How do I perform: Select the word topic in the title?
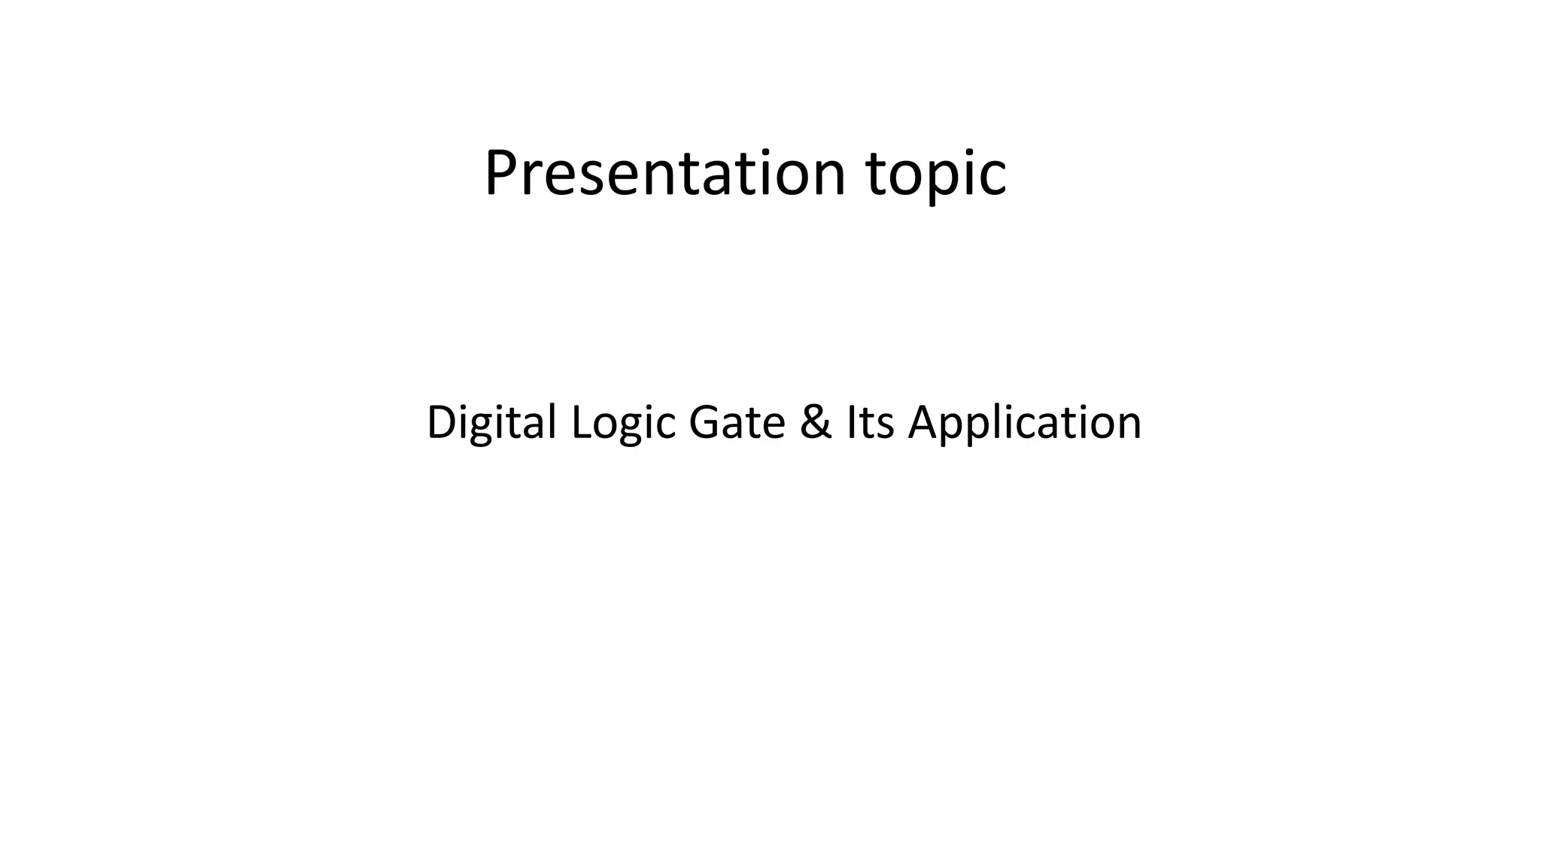point(936,175)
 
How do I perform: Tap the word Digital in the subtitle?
point(491,422)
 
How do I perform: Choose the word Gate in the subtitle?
point(737,422)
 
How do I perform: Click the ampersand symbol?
point(816,422)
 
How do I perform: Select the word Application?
point(1025,424)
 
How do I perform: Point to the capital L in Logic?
point(579,422)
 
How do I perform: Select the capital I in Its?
point(851,422)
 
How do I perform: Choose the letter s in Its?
point(885,426)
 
